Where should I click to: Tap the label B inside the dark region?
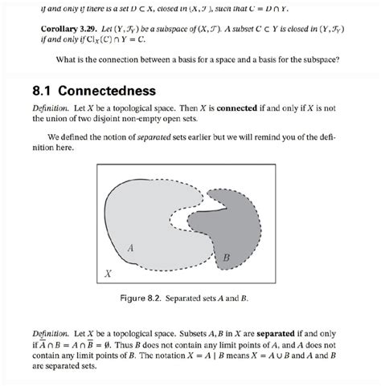pyautogui.click(x=226, y=257)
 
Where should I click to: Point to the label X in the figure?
pyautogui.click(x=106, y=274)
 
